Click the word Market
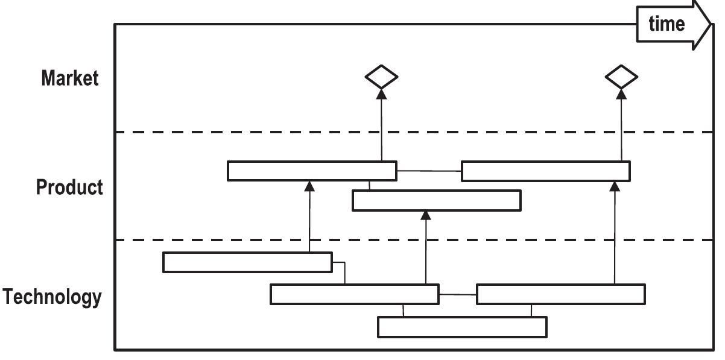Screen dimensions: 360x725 (x=69, y=78)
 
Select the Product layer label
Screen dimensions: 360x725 (x=69, y=188)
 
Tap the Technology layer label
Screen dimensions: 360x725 (x=52, y=297)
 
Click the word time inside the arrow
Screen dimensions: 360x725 (x=666, y=24)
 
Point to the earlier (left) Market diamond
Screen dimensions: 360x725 (x=381, y=77)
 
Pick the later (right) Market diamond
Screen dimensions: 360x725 (x=621, y=77)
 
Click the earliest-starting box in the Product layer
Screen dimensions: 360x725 (x=312, y=171)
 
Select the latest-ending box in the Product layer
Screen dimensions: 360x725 (x=546, y=171)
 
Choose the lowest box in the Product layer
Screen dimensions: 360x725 (x=436, y=201)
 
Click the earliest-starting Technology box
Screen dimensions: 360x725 (x=247, y=262)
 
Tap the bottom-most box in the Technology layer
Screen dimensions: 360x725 (x=462, y=327)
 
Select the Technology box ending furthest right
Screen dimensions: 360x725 (x=561, y=294)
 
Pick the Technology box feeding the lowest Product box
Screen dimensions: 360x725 (x=354, y=294)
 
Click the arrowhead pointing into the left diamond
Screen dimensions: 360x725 (x=381, y=93)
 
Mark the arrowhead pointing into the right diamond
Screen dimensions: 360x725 (x=621, y=93)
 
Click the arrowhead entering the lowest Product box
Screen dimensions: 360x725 (x=426, y=215)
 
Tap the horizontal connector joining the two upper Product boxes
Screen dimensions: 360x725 (x=429, y=171)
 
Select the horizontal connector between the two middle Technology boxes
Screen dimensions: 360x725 (x=457, y=295)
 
